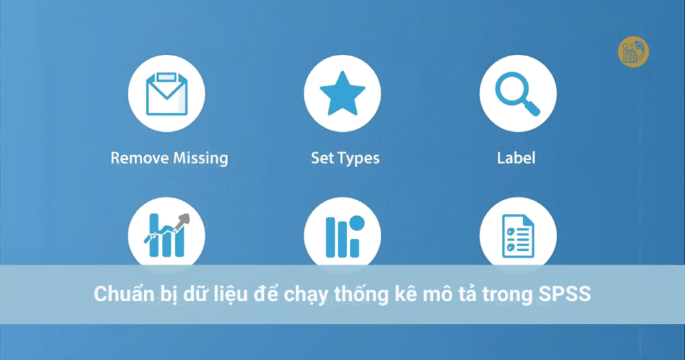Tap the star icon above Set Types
(342, 94)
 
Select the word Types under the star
(358, 159)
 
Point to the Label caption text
(516, 159)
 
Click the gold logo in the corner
(633, 52)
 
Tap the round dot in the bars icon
(357, 223)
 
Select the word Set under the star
(322, 159)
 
